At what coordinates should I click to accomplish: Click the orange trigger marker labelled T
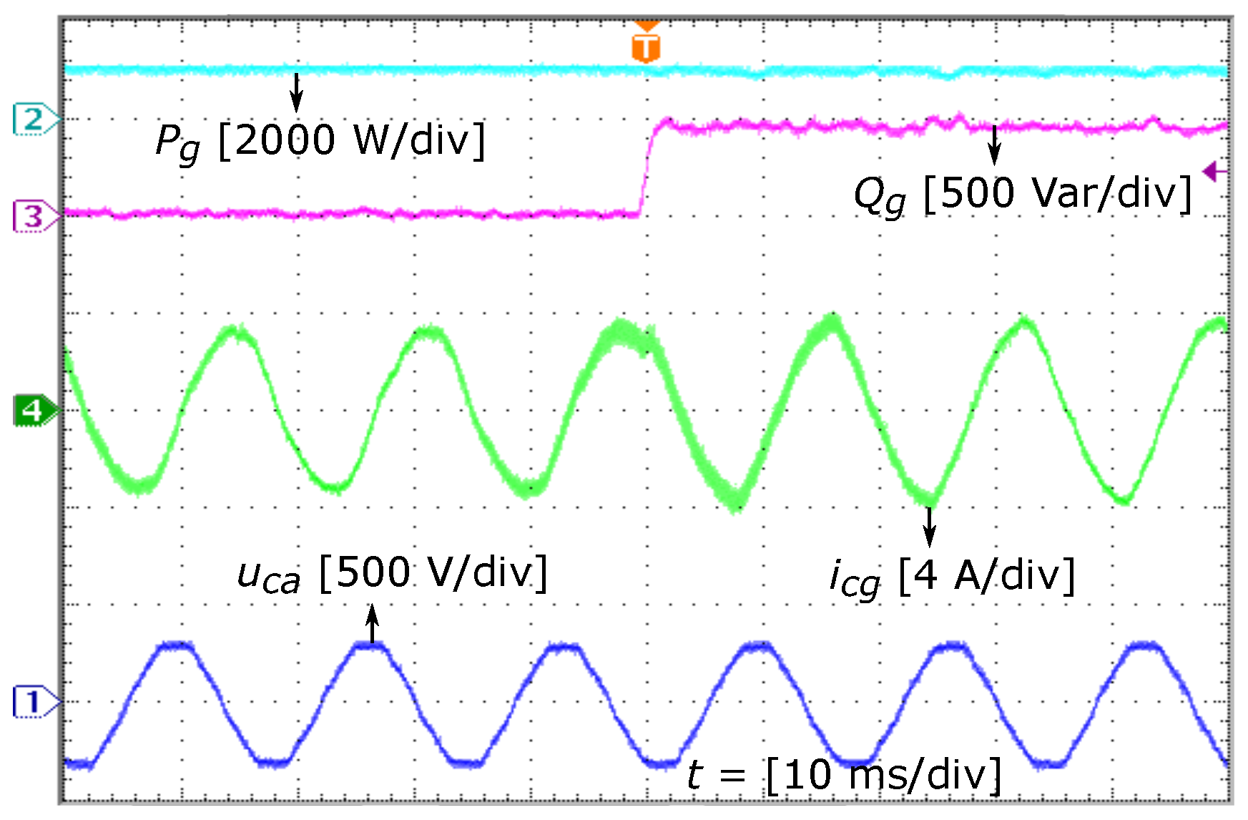click(646, 46)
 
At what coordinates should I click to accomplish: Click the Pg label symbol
click(177, 142)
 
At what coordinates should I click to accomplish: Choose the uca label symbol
click(268, 576)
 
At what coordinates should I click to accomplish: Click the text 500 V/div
click(433, 572)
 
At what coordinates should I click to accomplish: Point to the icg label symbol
click(854, 578)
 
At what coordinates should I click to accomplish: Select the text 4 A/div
click(987, 575)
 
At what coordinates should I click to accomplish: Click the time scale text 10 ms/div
click(884, 775)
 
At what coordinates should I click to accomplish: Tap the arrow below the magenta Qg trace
click(993, 145)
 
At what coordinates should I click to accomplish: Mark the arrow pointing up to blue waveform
click(372, 624)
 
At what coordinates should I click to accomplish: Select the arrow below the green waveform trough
click(929, 527)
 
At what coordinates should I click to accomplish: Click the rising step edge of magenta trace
click(647, 168)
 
